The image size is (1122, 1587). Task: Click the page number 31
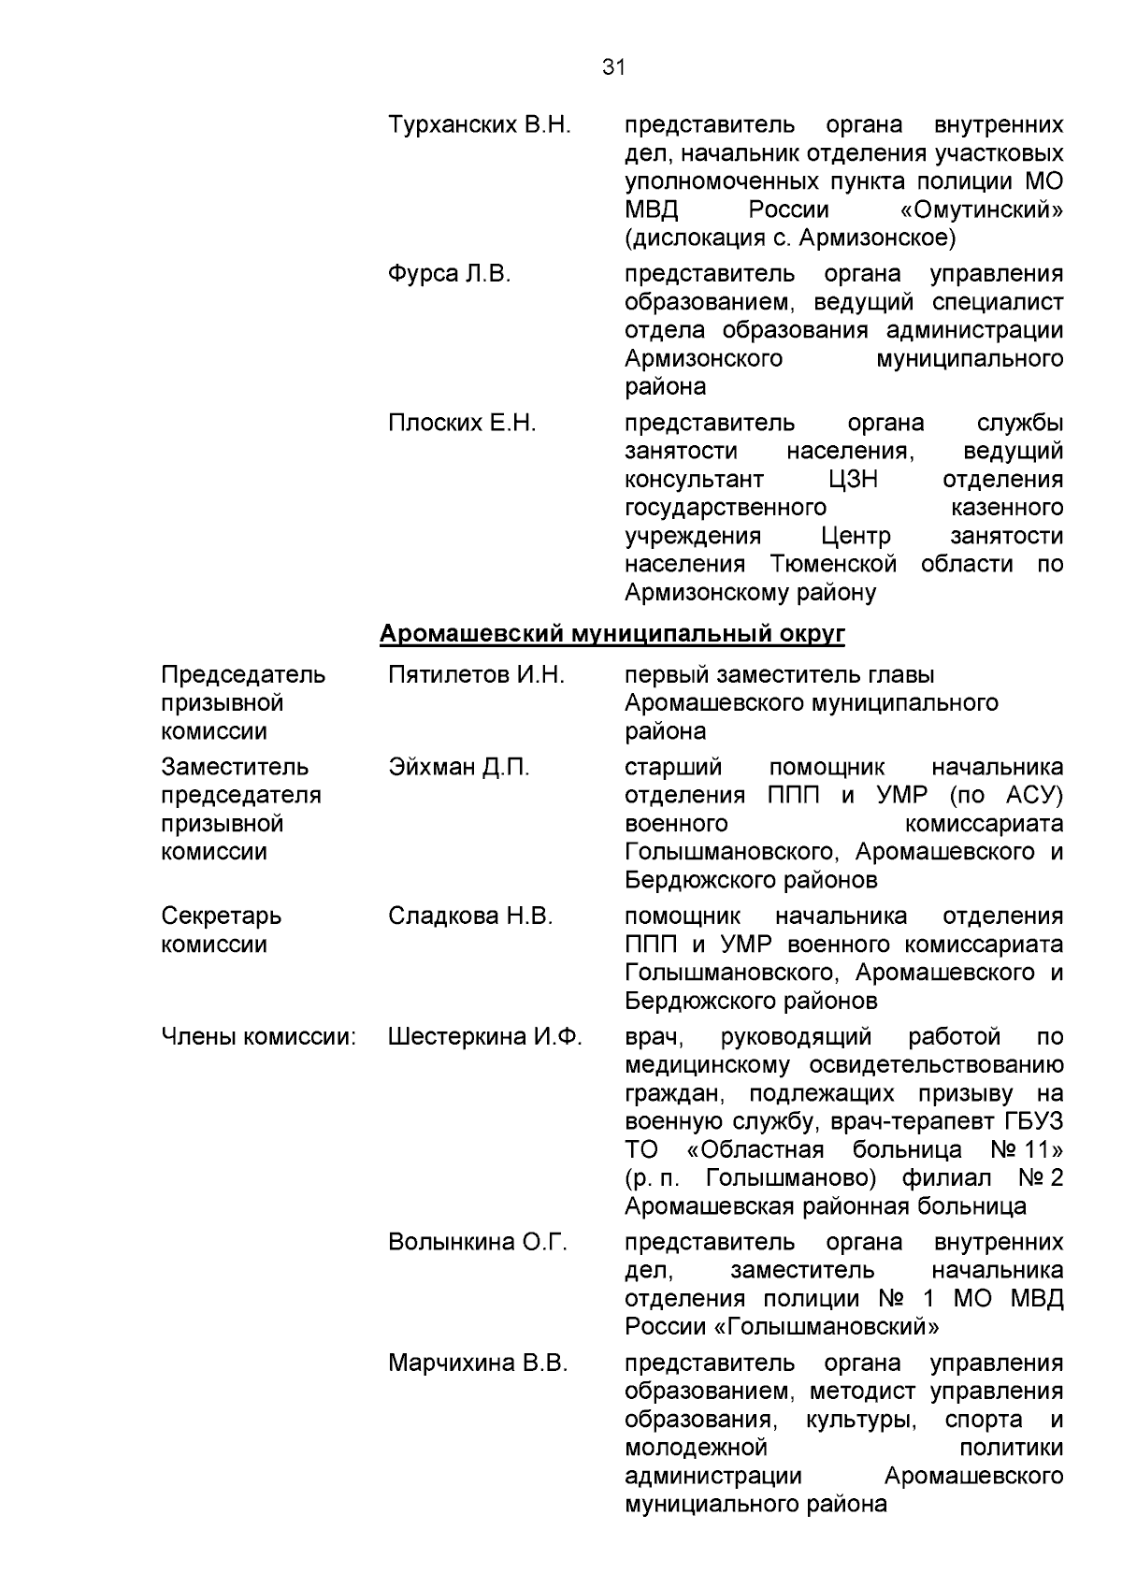(x=612, y=67)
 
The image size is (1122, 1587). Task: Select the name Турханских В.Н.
(x=479, y=125)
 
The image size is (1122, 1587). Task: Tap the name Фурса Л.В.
(x=450, y=274)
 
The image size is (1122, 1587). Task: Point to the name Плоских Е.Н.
(x=462, y=424)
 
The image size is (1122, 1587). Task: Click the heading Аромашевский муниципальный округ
(x=612, y=635)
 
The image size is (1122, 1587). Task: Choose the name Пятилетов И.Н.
(x=476, y=675)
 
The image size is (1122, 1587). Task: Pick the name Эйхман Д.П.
(x=459, y=768)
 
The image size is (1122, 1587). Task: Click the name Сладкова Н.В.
(x=470, y=916)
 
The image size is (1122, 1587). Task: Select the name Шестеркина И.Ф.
(x=485, y=1037)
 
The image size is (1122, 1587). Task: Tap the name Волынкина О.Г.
(x=478, y=1243)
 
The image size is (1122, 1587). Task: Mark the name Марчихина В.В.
(x=478, y=1363)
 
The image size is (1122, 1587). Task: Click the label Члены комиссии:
(x=259, y=1037)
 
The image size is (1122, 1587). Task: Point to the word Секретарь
(x=222, y=916)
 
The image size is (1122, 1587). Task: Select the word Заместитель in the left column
(x=235, y=768)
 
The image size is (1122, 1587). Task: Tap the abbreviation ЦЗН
(x=853, y=480)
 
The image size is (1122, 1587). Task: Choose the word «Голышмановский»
(x=831, y=1327)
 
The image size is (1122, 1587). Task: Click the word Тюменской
(x=834, y=564)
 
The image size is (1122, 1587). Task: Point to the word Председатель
(x=243, y=675)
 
